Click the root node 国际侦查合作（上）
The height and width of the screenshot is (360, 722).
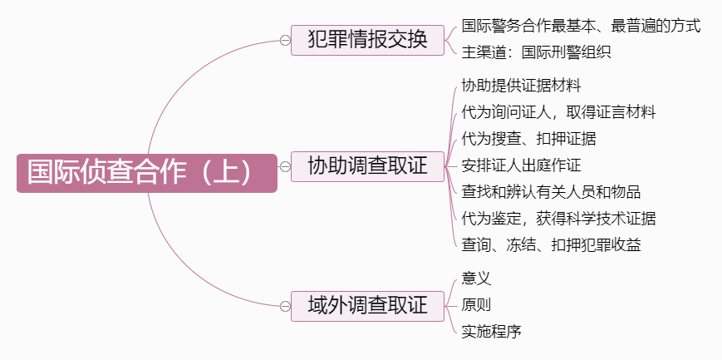146,173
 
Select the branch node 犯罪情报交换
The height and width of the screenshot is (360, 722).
367,39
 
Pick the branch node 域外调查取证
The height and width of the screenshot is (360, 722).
367,305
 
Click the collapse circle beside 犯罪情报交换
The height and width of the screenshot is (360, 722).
285,40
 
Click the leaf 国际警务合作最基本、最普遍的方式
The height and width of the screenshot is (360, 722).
581,26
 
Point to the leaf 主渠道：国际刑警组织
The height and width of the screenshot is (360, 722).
536,52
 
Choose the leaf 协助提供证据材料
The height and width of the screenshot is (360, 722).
521,86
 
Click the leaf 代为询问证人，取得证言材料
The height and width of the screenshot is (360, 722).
558,112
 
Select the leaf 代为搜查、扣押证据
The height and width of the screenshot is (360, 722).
528,139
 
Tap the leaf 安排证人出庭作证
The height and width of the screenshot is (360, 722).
521,165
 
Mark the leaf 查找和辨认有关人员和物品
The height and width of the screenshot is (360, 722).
551,192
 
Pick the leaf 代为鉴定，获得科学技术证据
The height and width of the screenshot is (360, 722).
558,219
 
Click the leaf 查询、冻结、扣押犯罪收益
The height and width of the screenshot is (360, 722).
551,245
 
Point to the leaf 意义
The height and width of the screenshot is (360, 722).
476,279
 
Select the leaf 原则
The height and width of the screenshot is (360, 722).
476,305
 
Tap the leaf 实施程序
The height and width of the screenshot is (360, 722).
491,332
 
